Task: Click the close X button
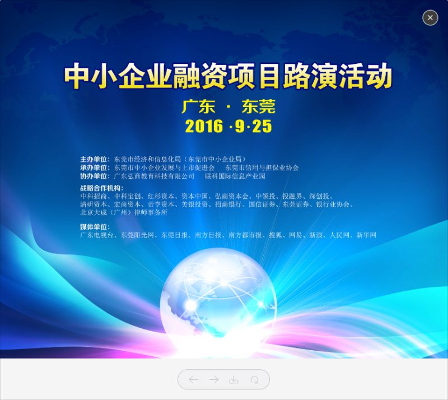(430, 18)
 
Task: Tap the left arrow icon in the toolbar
(193, 379)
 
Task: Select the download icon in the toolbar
(234, 379)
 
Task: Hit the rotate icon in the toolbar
(254, 380)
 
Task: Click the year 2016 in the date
(204, 126)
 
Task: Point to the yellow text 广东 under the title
(199, 106)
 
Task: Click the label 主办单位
(94, 159)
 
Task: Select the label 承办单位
(94, 168)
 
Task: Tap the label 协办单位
(94, 176)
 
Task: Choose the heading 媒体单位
(94, 227)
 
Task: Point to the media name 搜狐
(276, 235)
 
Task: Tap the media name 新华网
(366, 235)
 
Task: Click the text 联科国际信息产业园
(235, 176)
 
